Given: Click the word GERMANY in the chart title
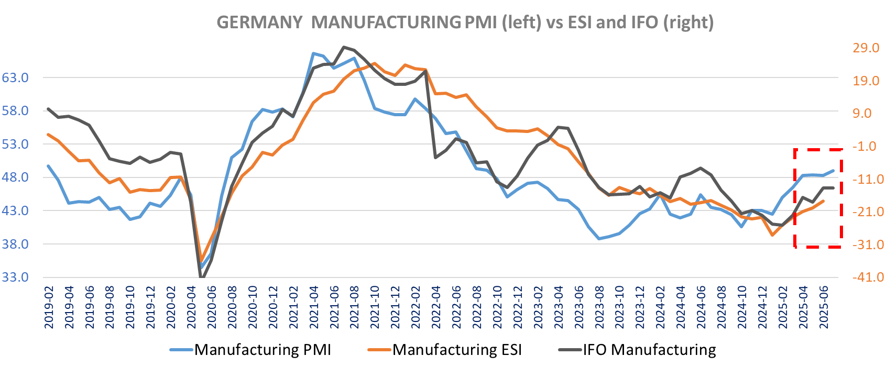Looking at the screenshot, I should point(259,23).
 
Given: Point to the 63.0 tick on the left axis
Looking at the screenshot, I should point(15,78).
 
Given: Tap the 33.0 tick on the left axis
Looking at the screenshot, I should point(15,277).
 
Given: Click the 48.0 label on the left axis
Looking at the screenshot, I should point(15,177).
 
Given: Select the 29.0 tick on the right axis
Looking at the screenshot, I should point(866,48).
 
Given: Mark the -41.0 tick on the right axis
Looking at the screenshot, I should point(868,277).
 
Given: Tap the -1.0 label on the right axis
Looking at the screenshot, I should point(868,147).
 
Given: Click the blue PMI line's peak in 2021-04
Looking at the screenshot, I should point(313,53).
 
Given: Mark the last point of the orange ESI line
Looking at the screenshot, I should point(823,201).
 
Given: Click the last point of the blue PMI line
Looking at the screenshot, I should point(833,171).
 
